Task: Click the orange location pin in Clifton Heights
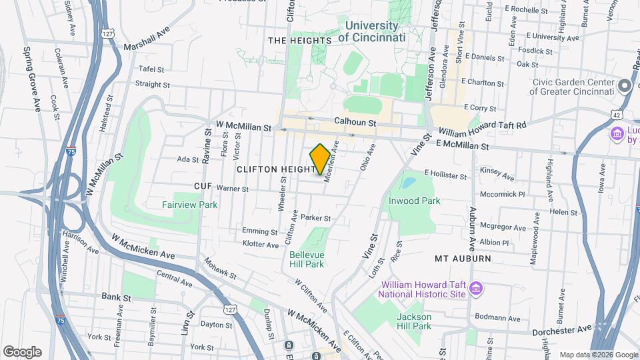tap(320, 159)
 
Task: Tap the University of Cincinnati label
tap(371, 32)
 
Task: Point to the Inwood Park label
tap(415, 201)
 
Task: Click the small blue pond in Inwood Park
tap(407, 181)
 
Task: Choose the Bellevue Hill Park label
tap(307, 259)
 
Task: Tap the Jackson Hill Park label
tap(414, 321)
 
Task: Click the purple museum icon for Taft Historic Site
tap(475, 287)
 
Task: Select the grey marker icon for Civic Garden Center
tap(624, 86)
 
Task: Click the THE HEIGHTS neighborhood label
tap(299, 41)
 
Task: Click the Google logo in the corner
tap(22, 352)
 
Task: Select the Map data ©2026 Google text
tap(598, 355)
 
